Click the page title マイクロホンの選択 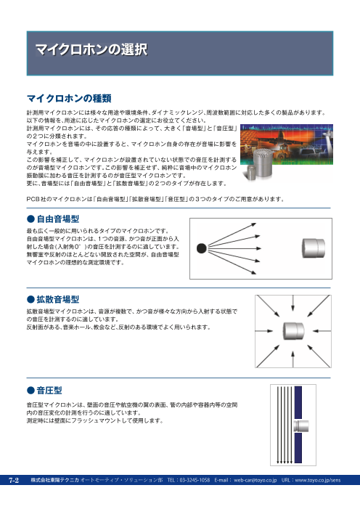click(x=91, y=50)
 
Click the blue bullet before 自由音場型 click(x=30, y=218)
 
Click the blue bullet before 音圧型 click(x=30, y=391)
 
